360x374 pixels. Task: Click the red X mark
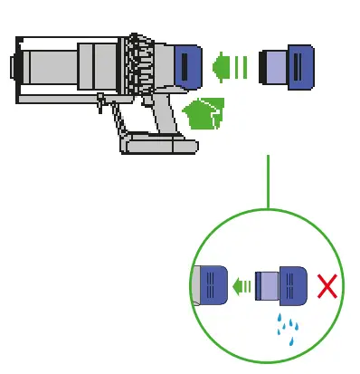[327, 288]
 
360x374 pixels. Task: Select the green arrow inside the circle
[241, 287]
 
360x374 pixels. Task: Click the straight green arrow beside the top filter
[228, 67]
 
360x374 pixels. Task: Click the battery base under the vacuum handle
[157, 143]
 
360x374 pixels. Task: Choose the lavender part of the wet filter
[269, 287]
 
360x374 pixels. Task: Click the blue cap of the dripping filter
[295, 287]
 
